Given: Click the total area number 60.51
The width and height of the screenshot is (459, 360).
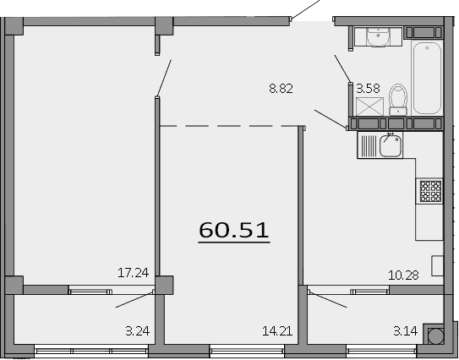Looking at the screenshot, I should click(x=233, y=229).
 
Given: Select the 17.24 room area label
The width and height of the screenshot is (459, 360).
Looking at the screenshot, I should click(x=133, y=272).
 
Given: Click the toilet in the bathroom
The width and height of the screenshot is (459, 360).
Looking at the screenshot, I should click(x=400, y=98).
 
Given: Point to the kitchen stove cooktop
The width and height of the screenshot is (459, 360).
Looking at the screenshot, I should click(x=430, y=192).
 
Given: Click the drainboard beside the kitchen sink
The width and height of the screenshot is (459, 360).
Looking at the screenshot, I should click(x=369, y=145).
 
